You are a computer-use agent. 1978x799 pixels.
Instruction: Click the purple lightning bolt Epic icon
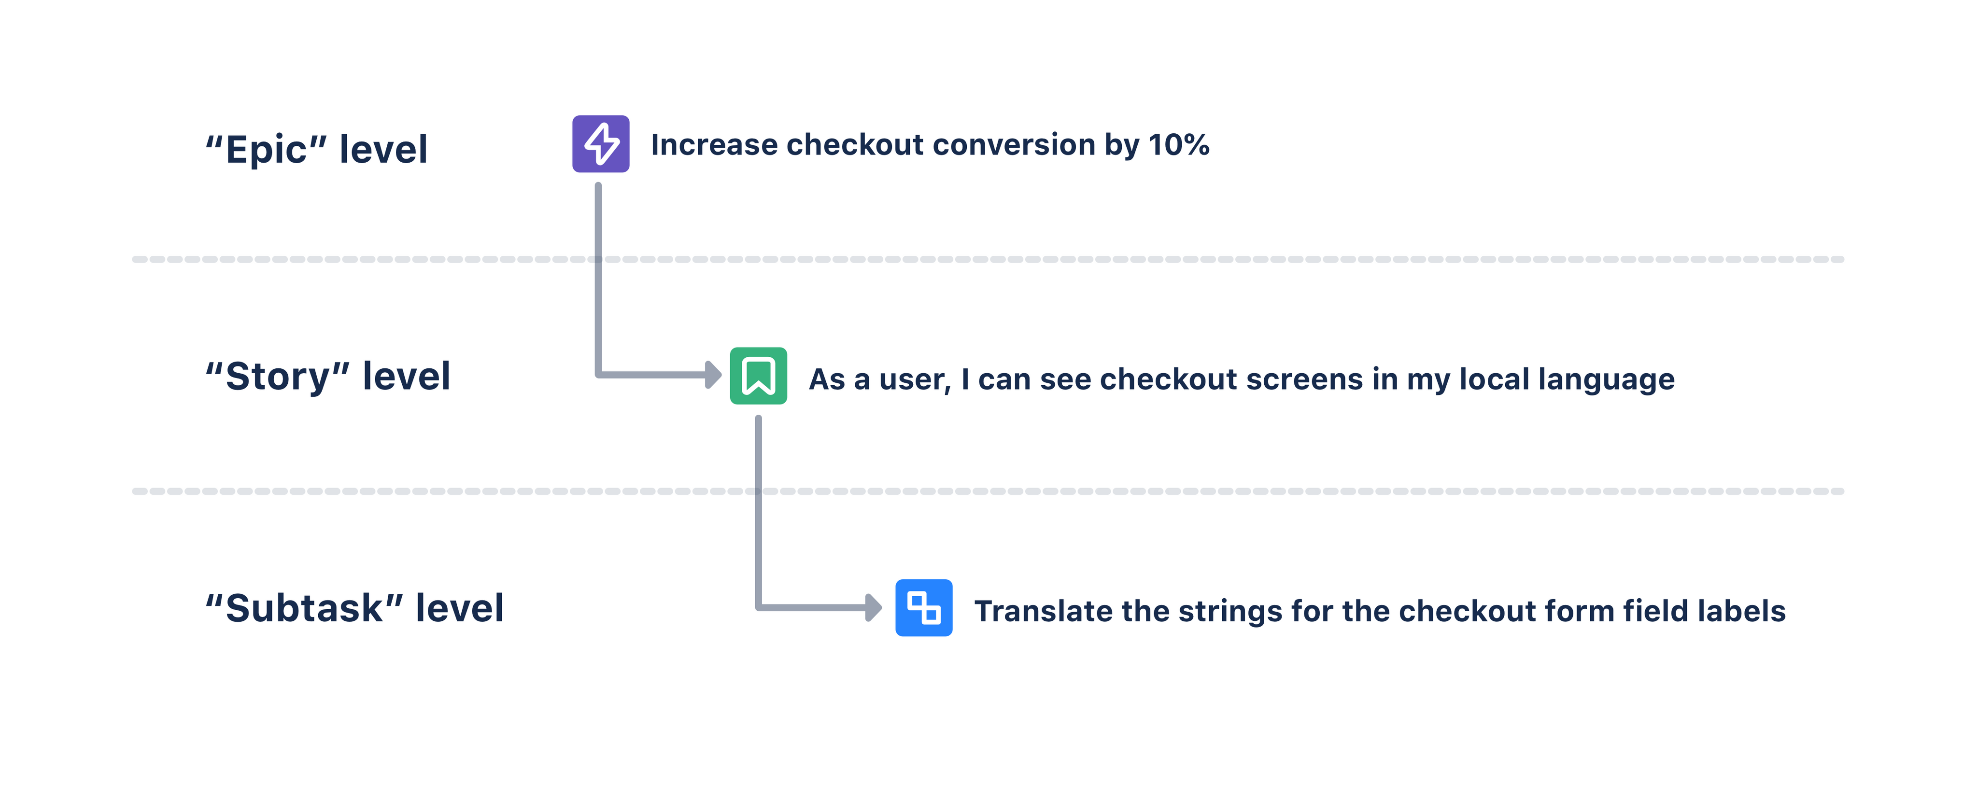(x=600, y=143)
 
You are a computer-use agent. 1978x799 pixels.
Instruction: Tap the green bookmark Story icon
(x=758, y=375)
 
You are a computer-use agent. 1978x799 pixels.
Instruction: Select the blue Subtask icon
(x=924, y=607)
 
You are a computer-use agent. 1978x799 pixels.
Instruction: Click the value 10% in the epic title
(x=1179, y=144)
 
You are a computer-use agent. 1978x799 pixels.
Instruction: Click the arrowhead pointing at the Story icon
(x=713, y=375)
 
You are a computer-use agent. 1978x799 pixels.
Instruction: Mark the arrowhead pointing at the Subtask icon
(x=874, y=607)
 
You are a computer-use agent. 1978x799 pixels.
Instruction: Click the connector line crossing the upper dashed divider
(x=598, y=259)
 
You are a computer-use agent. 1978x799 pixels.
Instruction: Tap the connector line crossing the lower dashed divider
(x=759, y=491)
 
